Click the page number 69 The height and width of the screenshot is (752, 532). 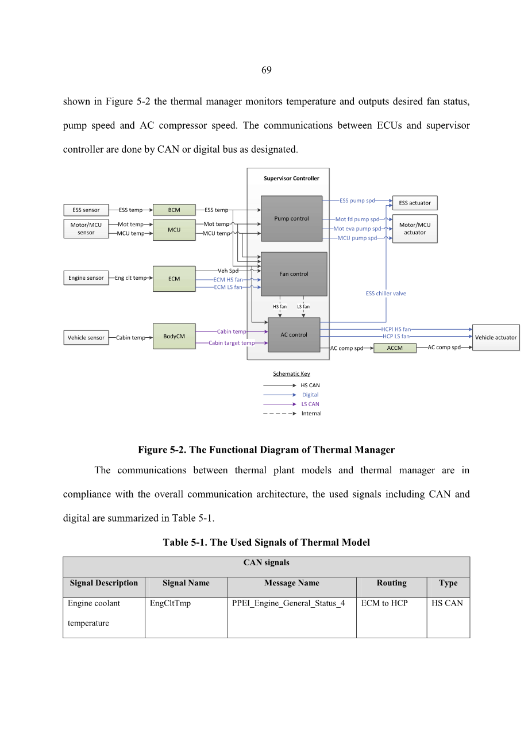(x=266, y=70)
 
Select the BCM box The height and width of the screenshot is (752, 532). (x=174, y=210)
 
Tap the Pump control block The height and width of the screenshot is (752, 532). (x=291, y=218)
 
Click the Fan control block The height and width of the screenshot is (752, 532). (x=294, y=274)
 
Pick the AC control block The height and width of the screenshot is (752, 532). (x=294, y=335)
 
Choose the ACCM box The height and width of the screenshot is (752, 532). (x=395, y=348)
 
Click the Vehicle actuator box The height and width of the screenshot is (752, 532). (x=496, y=337)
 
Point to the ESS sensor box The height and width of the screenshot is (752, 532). (x=86, y=210)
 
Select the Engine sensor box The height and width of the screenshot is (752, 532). (x=86, y=277)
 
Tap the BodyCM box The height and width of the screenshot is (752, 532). (x=174, y=336)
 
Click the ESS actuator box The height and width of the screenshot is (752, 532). (x=415, y=203)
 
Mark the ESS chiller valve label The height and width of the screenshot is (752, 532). (x=386, y=294)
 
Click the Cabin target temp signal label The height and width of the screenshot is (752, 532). (x=232, y=343)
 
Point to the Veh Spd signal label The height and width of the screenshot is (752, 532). (x=228, y=271)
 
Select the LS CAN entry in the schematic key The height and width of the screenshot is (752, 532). (x=310, y=404)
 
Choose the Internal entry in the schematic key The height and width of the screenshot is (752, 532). (x=311, y=414)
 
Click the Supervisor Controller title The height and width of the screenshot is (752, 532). (x=291, y=178)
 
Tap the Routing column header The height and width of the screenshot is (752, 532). (x=391, y=583)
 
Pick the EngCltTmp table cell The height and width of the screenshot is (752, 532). (x=170, y=603)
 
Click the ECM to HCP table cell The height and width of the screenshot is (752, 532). (x=384, y=603)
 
